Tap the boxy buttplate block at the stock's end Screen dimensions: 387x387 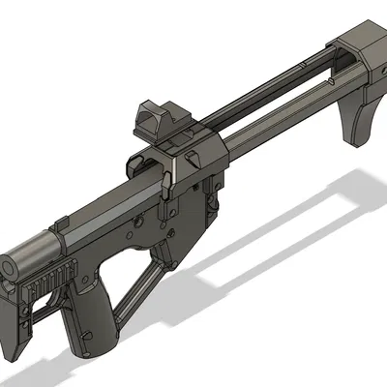pos(363,48)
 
